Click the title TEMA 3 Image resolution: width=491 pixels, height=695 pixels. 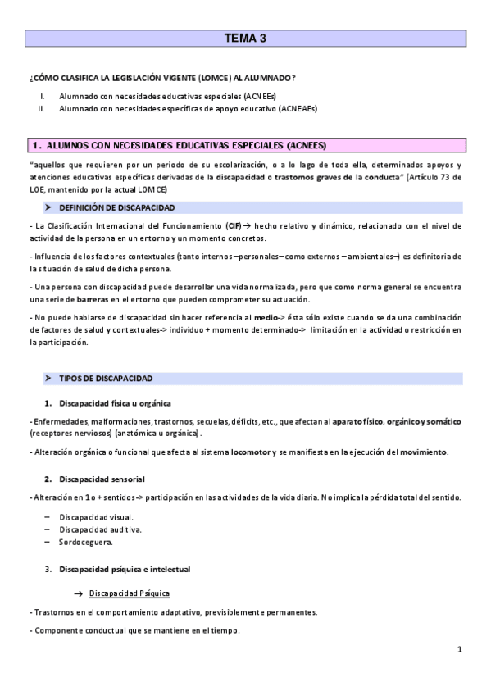[245, 39]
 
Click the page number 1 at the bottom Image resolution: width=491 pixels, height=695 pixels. [460, 649]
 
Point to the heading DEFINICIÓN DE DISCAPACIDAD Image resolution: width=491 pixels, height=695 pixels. [116, 207]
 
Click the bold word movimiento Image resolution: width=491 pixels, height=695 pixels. [423, 452]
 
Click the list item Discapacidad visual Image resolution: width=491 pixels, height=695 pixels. [96, 518]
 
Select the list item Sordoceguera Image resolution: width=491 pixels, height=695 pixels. [86, 542]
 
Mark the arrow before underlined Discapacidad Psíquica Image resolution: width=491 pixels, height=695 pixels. [78, 593]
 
